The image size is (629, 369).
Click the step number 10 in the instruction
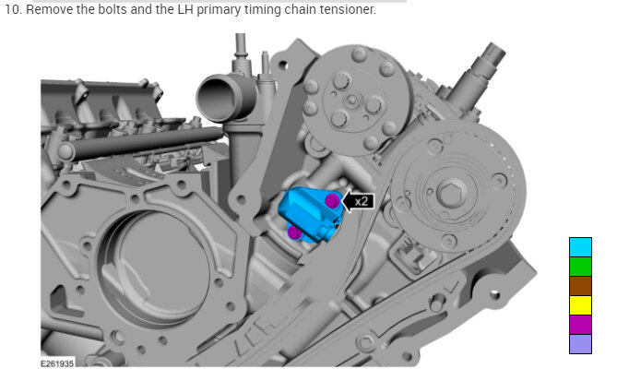12,9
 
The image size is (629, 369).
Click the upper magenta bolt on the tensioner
332,200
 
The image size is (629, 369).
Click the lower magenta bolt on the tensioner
295,232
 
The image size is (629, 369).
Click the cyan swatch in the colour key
580,247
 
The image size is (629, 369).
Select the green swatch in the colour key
580,267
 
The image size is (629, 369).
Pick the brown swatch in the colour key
580,286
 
